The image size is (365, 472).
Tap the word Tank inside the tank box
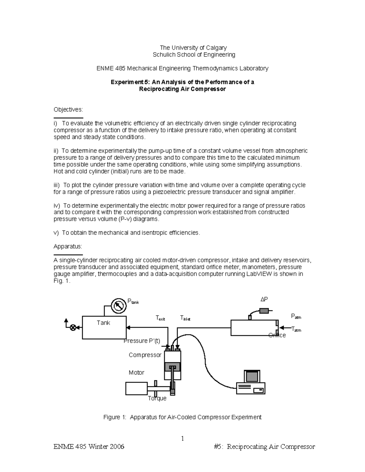tap(103, 323)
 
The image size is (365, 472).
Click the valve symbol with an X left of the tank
tap(73, 327)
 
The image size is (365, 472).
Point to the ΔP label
tap(264, 300)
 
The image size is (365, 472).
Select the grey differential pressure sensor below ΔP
tap(264, 311)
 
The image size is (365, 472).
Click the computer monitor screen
tap(252, 377)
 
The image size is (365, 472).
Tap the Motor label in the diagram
tap(136, 373)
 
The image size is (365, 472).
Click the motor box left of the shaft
tap(136, 388)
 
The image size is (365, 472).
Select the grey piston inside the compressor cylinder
tap(173, 367)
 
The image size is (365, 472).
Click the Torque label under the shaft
tap(157, 398)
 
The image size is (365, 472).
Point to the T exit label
tap(160, 318)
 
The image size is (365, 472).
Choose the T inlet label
tap(185, 318)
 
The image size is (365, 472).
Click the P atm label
tap(296, 317)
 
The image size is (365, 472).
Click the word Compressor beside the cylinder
tap(145, 355)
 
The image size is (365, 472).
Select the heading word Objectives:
tap(68, 109)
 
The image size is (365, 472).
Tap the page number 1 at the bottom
tap(182, 439)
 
